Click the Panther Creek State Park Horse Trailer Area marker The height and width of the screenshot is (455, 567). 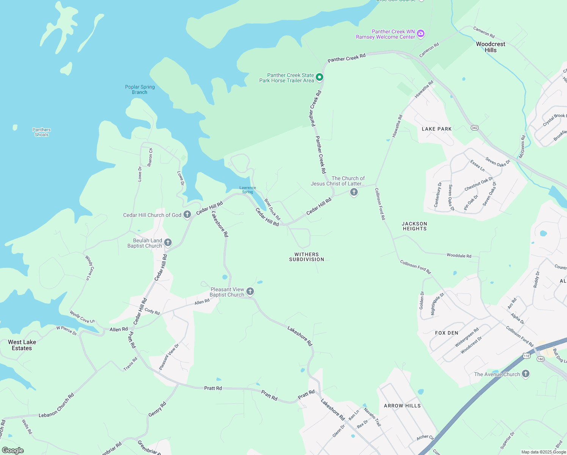(320, 77)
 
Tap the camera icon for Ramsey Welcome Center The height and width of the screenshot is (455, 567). (420, 34)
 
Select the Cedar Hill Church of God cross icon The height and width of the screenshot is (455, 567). (187, 215)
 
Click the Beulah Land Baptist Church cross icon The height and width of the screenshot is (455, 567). (168, 243)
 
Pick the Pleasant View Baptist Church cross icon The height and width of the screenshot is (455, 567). (250, 291)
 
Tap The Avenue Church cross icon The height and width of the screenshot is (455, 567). (525, 374)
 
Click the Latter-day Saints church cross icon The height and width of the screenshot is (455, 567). (354, 192)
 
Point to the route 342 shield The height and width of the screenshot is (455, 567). (475, 128)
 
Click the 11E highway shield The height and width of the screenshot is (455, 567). (526, 356)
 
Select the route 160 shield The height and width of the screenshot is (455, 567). (540, 359)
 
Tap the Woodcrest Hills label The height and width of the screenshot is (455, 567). (490, 47)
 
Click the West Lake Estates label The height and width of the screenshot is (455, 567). (22, 345)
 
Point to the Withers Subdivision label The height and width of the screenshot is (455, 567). (307, 257)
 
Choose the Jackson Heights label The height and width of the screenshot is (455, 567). (414, 226)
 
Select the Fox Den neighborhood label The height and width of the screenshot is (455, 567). (446, 333)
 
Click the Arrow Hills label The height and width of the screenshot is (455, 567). (402, 406)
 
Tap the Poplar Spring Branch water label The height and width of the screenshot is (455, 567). (140, 89)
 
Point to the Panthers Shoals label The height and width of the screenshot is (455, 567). (42, 132)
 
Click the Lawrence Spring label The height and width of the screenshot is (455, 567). (247, 190)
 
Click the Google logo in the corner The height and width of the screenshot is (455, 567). (13, 450)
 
